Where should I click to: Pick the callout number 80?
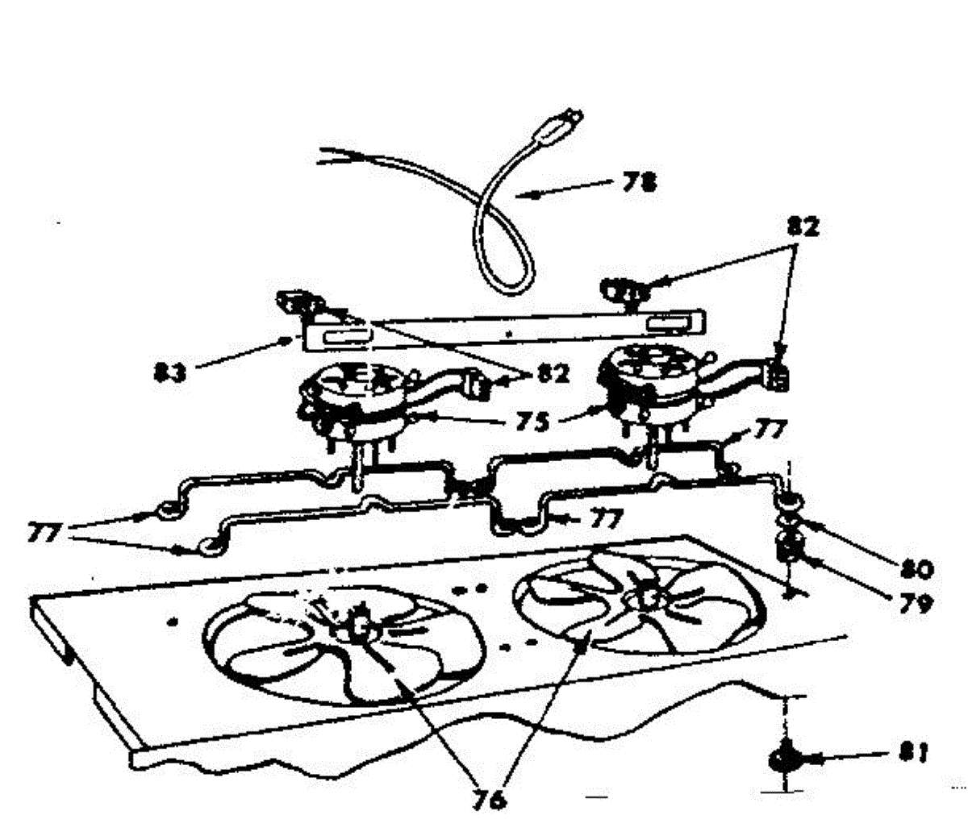(x=914, y=569)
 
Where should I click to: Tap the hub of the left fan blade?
(x=357, y=624)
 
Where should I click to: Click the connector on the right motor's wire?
(x=777, y=375)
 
